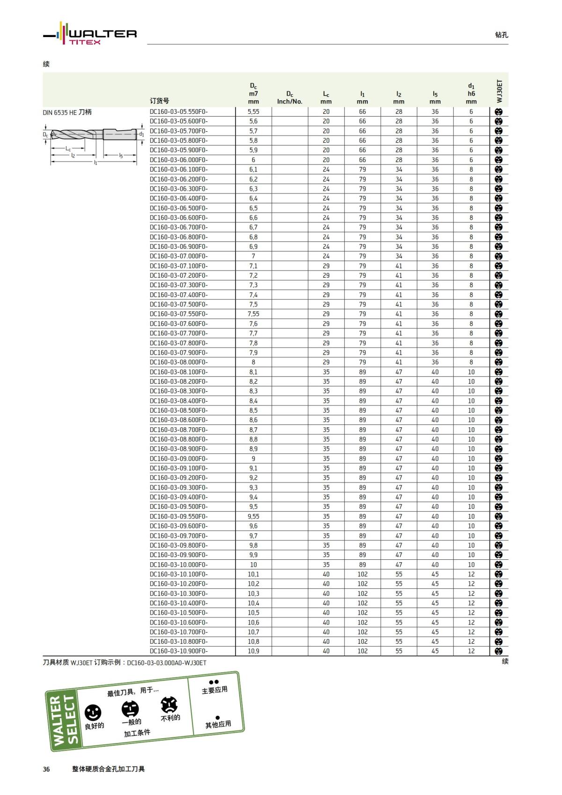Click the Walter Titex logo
[x=90, y=34]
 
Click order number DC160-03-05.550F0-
[x=178, y=111]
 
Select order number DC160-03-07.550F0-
[x=178, y=314]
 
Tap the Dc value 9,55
[x=253, y=516]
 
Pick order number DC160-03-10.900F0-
[x=178, y=651]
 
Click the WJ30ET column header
[x=499, y=91]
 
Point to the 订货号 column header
[x=159, y=101]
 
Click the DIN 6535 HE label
[x=67, y=112]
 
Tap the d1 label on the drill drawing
[x=141, y=134]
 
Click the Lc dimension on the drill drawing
[x=68, y=149]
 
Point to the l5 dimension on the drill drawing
[x=121, y=156]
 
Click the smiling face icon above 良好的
[x=93, y=713]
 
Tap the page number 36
[x=46, y=769]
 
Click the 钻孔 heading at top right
[x=501, y=35]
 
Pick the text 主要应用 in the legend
[x=214, y=690]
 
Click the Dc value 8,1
[x=253, y=372]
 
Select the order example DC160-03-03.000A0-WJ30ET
[x=167, y=663]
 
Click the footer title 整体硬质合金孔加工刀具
[x=108, y=769]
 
